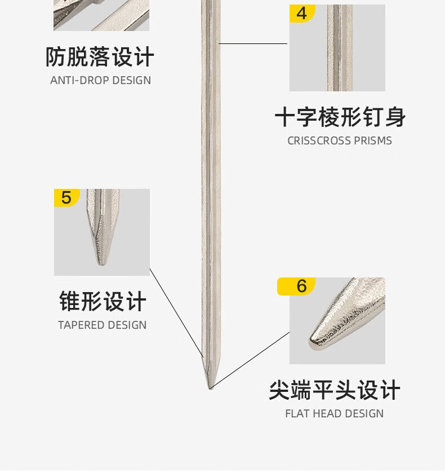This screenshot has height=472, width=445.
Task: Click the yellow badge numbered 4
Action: (302, 13)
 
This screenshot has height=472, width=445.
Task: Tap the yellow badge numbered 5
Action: (66, 198)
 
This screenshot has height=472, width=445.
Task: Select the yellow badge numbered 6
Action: (301, 286)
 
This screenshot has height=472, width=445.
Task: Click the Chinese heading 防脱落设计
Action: (100, 58)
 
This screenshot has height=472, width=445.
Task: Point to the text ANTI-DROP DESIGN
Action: (100, 80)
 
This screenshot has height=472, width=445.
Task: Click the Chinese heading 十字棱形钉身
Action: (340, 118)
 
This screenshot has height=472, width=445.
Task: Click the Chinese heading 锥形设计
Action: (103, 302)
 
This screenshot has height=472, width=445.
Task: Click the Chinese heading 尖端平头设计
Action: (334, 390)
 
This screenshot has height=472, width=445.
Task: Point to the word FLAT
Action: (296, 413)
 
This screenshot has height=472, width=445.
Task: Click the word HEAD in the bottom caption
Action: (326, 413)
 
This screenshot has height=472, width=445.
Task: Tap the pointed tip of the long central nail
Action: (210, 387)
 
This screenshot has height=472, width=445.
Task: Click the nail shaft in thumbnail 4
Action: (339, 51)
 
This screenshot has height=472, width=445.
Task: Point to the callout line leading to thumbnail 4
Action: (253, 43)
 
